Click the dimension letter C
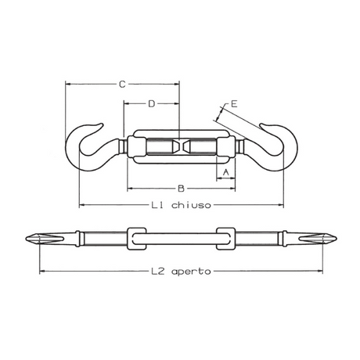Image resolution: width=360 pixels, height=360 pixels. tap(121, 83)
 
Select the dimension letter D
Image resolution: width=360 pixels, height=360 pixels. tap(151, 103)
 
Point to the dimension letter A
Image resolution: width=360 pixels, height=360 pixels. tap(225, 171)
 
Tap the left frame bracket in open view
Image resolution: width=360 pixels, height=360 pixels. tap(135, 237)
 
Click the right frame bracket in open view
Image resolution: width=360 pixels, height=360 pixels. tap(224, 237)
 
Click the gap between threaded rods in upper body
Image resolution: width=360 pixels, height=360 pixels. tap(179, 146)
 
